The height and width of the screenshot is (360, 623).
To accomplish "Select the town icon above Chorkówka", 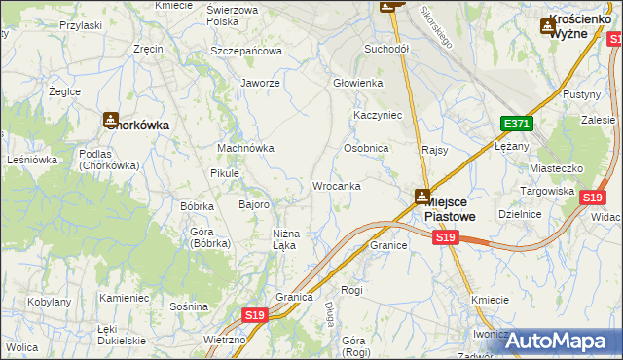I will pos(110,121).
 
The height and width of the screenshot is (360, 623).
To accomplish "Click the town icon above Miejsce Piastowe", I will pos(422,197).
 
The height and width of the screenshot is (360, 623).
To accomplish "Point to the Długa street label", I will pos(329,313).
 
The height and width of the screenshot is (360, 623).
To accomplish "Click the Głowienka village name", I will pos(358,83).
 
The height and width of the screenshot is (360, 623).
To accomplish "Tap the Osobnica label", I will pos(366,148).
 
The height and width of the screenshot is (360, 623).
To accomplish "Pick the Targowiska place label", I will pos(546,191).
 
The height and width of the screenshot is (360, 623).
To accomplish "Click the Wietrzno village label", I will pos(225,340).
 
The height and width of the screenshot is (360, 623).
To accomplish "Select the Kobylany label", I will pos(48,302).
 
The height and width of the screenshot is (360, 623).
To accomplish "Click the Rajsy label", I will pos(434,150).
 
